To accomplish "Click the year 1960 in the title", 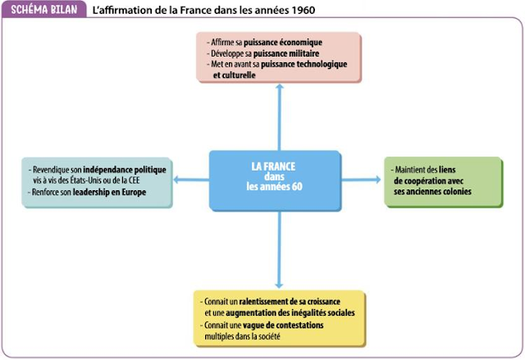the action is [x=300, y=10].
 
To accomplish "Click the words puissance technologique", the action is [x=307, y=64].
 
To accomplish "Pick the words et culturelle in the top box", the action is [x=235, y=75].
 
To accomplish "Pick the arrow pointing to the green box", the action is [x=374, y=177].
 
